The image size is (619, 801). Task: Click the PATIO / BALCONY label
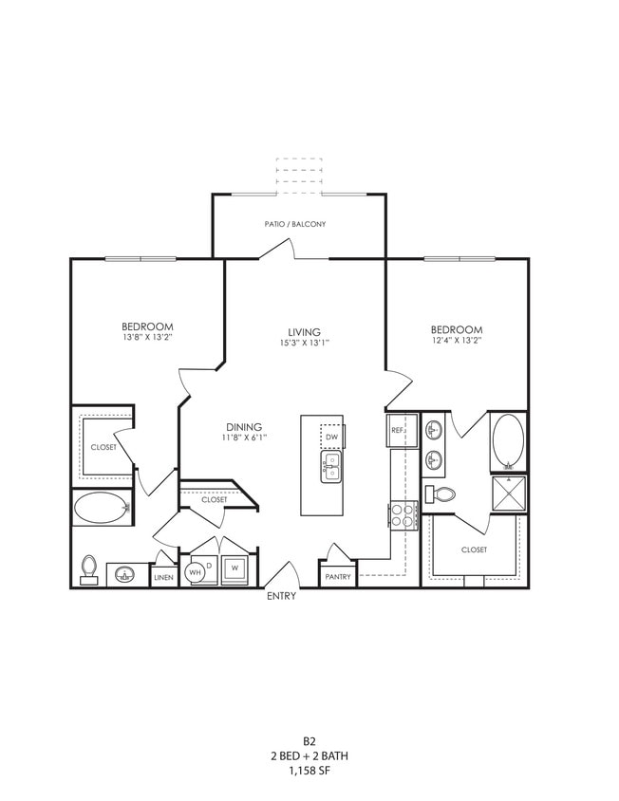pyautogui.click(x=295, y=224)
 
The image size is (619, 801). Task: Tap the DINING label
pyautogui.click(x=244, y=427)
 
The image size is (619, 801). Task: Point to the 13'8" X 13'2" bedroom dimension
pyautogui.click(x=146, y=337)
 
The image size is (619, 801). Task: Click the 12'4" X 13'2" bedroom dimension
pyautogui.click(x=456, y=339)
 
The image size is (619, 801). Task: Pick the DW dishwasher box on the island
pyautogui.click(x=331, y=436)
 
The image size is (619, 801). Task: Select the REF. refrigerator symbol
pyautogui.click(x=398, y=430)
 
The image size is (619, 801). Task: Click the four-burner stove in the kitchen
pyautogui.click(x=404, y=515)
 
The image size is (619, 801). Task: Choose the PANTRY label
pyautogui.click(x=338, y=576)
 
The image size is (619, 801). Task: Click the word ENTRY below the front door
pyautogui.click(x=282, y=596)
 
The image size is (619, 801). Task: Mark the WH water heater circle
pyautogui.click(x=196, y=571)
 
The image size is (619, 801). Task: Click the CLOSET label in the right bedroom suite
pyautogui.click(x=474, y=550)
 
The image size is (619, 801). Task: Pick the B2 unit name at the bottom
pyautogui.click(x=309, y=740)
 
